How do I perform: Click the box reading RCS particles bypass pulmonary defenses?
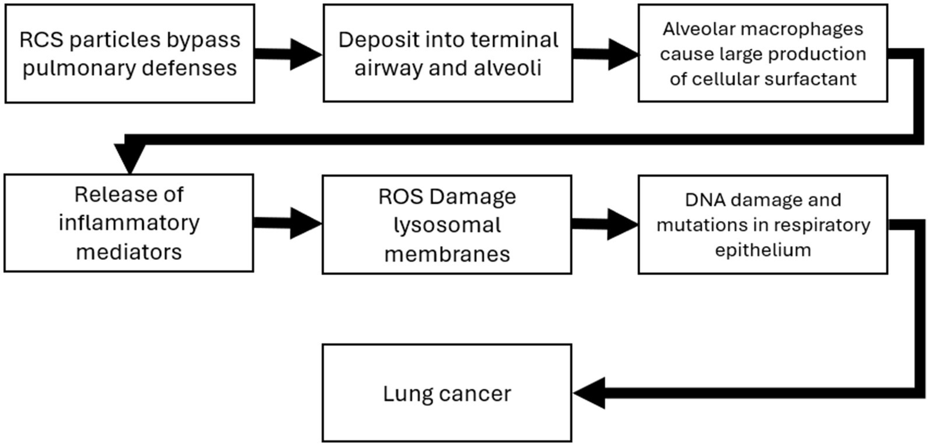tap(128, 53)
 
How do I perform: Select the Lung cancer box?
tap(447, 393)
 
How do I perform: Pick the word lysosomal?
tap(447, 225)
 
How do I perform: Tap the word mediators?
tap(128, 251)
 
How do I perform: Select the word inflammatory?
tap(128, 223)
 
